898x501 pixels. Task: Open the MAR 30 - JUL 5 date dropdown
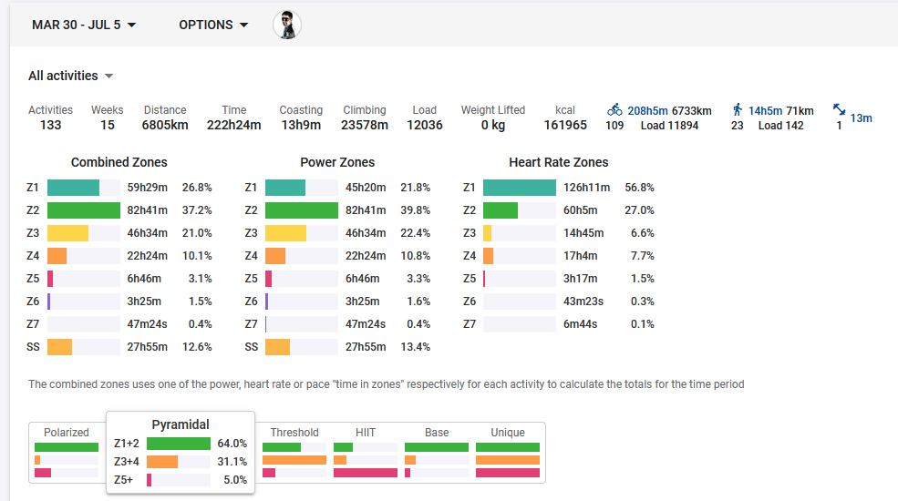point(84,25)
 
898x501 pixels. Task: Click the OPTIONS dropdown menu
point(213,25)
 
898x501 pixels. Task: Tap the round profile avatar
point(287,25)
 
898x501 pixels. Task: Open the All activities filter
point(70,76)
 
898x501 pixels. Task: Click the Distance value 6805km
point(165,125)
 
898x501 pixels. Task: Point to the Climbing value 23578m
point(365,125)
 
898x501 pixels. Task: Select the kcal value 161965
point(565,125)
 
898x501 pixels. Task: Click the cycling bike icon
point(614,109)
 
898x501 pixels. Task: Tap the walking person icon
point(737,109)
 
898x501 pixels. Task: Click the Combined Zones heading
point(119,162)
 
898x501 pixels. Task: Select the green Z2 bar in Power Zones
point(301,210)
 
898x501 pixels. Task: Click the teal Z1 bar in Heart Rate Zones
point(519,188)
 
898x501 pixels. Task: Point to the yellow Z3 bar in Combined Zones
point(67,233)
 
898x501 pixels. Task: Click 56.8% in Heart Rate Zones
point(639,188)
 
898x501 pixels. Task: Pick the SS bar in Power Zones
point(277,347)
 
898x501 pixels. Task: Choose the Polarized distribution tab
point(67,433)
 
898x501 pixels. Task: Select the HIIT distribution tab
point(366,433)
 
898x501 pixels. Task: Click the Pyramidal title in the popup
point(181,424)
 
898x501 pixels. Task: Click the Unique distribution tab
point(508,433)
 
